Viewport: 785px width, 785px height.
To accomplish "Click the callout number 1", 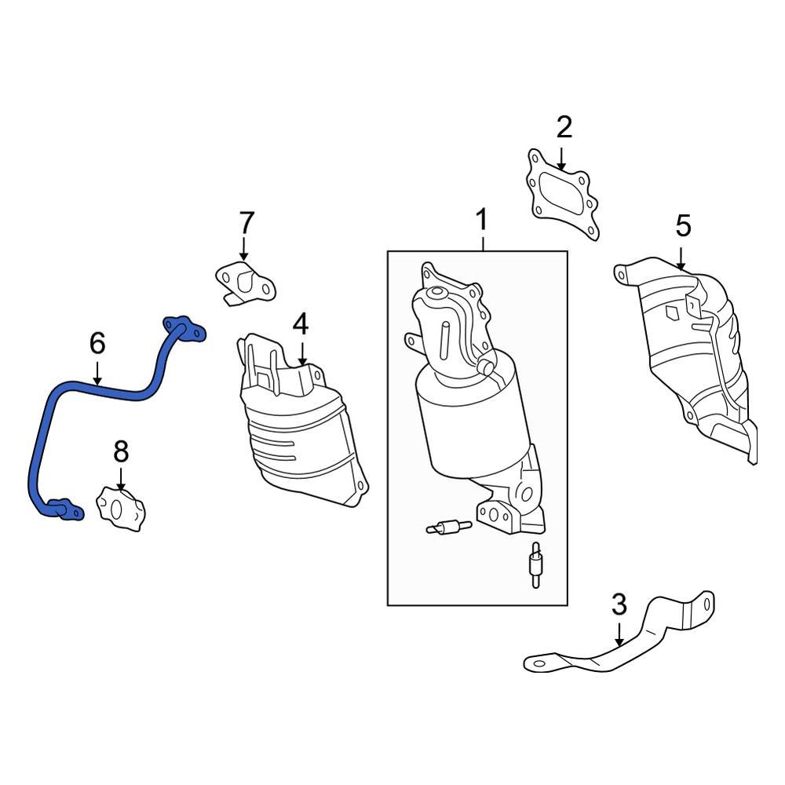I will (482, 221).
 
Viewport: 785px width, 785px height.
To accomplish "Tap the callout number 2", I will (564, 126).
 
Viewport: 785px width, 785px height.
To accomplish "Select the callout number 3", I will (619, 604).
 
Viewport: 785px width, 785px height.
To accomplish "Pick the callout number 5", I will (683, 226).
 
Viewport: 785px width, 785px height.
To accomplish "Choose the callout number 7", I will (246, 222).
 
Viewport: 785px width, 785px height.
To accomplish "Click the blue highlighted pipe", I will (94, 389).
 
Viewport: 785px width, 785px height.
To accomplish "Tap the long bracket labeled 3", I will (620, 648).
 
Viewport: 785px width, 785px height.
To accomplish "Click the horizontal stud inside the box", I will (448, 528).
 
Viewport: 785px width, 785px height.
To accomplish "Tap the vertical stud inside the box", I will (535, 564).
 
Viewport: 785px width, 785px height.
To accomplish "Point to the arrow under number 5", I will (681, 259).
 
